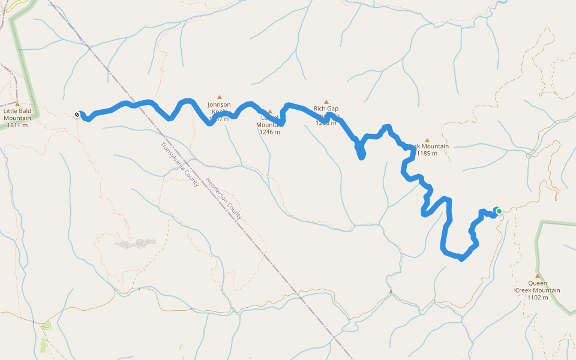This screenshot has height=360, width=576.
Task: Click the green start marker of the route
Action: [499, 211]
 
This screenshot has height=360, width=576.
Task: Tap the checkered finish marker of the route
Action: [77, 114]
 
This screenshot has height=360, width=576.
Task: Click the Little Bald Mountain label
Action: [17, 115]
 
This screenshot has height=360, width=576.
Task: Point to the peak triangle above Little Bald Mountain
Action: [17, 104]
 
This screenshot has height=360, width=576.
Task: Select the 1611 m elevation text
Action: [17, 125]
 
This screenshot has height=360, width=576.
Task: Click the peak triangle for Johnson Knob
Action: [220, 97]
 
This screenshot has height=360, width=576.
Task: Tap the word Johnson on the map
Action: [219, 104]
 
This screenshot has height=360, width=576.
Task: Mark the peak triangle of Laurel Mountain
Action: [270, 111]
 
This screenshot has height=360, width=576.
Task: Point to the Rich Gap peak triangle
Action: [326, 102]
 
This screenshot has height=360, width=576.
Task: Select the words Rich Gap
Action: [326, 109]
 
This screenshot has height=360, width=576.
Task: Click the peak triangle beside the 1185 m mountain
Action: [427, 140]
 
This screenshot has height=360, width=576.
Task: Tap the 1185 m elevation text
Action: [427, 154]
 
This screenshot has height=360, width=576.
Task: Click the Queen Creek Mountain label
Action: [538, 287]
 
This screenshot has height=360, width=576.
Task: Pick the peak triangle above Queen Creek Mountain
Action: [538, 276]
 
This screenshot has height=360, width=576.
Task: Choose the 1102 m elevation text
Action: [538, 298]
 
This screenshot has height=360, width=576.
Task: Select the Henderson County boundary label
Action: [224, 198]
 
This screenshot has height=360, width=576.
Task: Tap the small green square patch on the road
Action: [46, 326]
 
